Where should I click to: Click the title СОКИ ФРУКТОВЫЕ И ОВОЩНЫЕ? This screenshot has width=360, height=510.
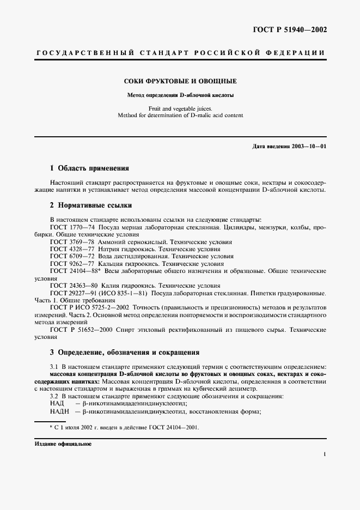pos(180,81)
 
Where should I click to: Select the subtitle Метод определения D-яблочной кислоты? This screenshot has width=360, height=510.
pos(180,94)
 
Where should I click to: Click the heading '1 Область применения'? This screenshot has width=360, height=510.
pos(89,168)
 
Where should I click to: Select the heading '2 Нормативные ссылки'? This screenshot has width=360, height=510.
pos(90,205)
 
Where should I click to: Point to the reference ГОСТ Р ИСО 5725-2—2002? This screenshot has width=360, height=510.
pos(87,307)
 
